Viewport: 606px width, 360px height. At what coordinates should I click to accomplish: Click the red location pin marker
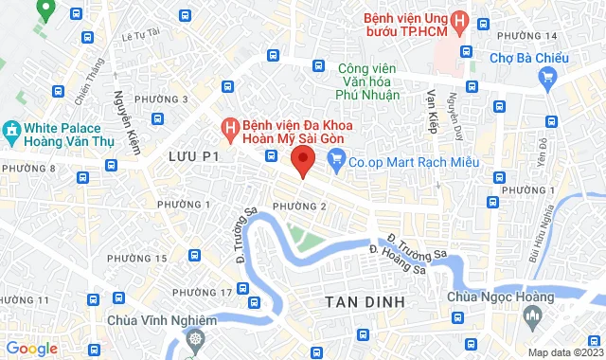(x=302, y=160)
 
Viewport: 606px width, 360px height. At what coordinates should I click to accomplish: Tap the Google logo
(x=31, y=349)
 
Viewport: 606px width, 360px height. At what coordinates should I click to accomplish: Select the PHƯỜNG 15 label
(x=136, y=259)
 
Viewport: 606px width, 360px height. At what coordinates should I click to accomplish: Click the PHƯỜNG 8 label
(x=27, y=169)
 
